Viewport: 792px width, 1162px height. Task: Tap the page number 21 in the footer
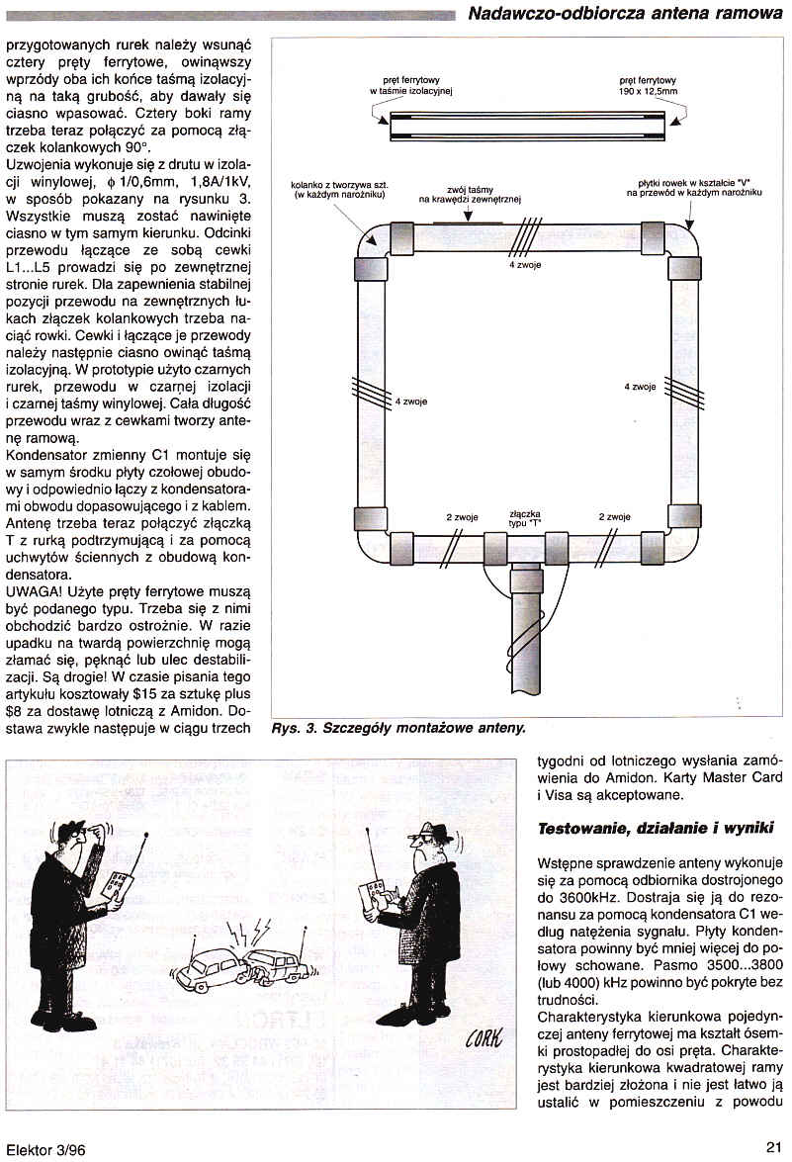(774, 1147)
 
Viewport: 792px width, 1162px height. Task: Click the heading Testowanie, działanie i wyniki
(655, 828)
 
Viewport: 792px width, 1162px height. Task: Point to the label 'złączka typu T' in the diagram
(523, 517)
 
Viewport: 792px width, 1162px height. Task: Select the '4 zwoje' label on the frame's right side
(641, 387)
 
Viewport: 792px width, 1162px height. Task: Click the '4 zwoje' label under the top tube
(525, 266)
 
